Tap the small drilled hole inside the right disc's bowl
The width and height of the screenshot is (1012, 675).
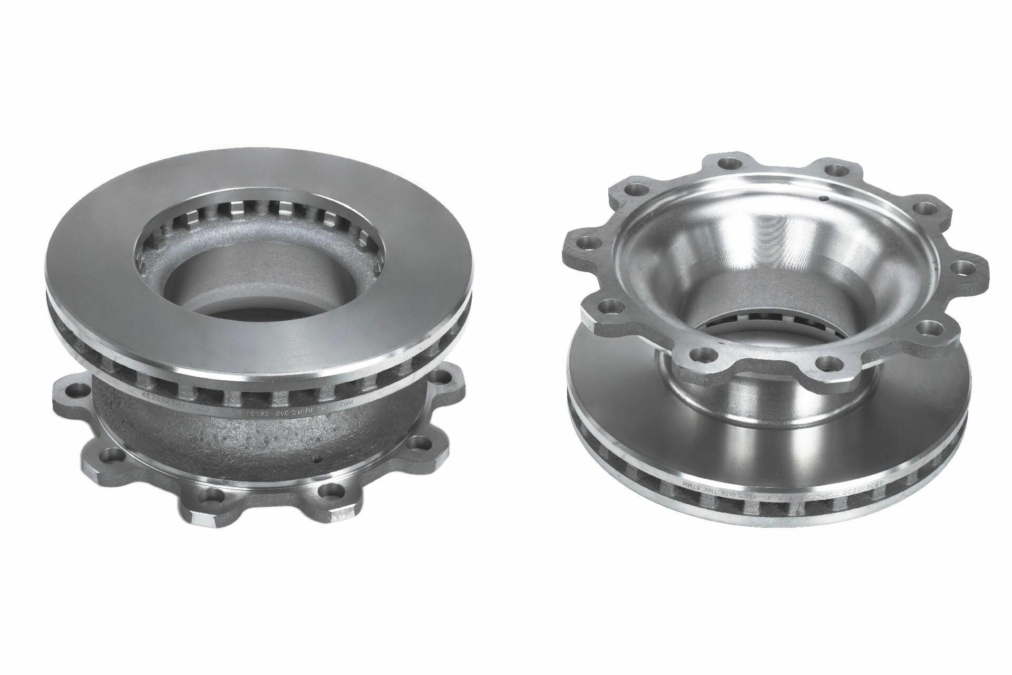pos(823,199)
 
